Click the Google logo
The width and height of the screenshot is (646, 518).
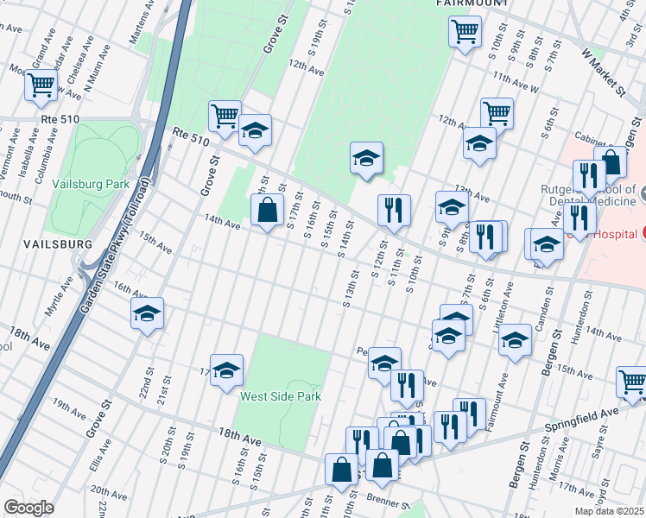tap(28, 507)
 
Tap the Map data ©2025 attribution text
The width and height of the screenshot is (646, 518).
tap(609, 511)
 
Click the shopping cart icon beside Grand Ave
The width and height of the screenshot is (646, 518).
tap(40, 85)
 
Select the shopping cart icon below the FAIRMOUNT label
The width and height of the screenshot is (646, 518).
tap(465, 32)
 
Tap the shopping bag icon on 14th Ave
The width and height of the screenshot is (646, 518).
tap(267, 209)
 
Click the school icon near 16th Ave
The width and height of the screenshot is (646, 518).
tap(147, 313)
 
